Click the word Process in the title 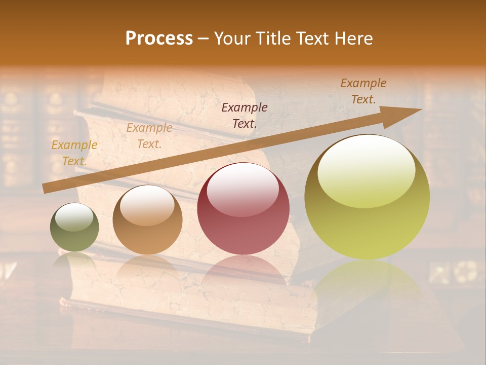click(x=159, y=39)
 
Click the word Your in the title click(x=232, y=39)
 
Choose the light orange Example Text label click(x=149, y=136)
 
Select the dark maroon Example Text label click(x=245, y=115)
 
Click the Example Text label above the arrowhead click(x=363, y=91)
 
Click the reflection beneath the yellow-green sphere click(x=367, y=284)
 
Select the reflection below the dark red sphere click(x=243, y=271)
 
